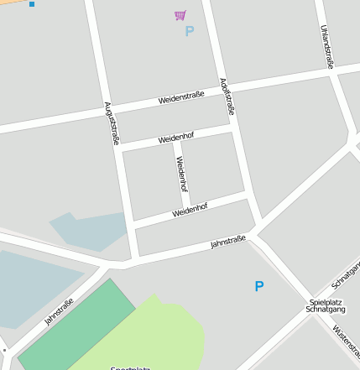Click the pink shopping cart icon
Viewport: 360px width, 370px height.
pyautogui.click(x=180, y=15)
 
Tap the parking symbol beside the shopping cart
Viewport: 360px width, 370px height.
pyautogui.click(x=189, y=32)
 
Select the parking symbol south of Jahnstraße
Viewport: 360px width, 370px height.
pyautogui.click(x=259, y=286)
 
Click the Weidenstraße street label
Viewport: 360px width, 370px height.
pyautogui.click(x=181, y=98)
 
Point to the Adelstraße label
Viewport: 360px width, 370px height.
pyautogui.click(x=227, y=96)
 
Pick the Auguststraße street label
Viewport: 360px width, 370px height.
pyautogui.click(x=111, y=122)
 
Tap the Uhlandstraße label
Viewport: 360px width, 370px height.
pyautogui.click(x=327, y=46)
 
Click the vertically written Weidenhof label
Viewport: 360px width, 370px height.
pyautogui.click(x=180, y=175)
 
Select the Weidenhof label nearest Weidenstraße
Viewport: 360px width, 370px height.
pyautogui.click(x=176, y=138)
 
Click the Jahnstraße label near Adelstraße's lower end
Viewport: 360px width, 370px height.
pyautogui.click(x=228, y=242)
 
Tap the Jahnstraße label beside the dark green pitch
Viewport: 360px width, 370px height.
pyautogui.click(x=59, y=311)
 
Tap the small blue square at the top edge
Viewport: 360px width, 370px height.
pyautogui.click(x=32, y=4)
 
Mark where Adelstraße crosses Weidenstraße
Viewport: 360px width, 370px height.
pyautogui.click(x=222, y=87)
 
